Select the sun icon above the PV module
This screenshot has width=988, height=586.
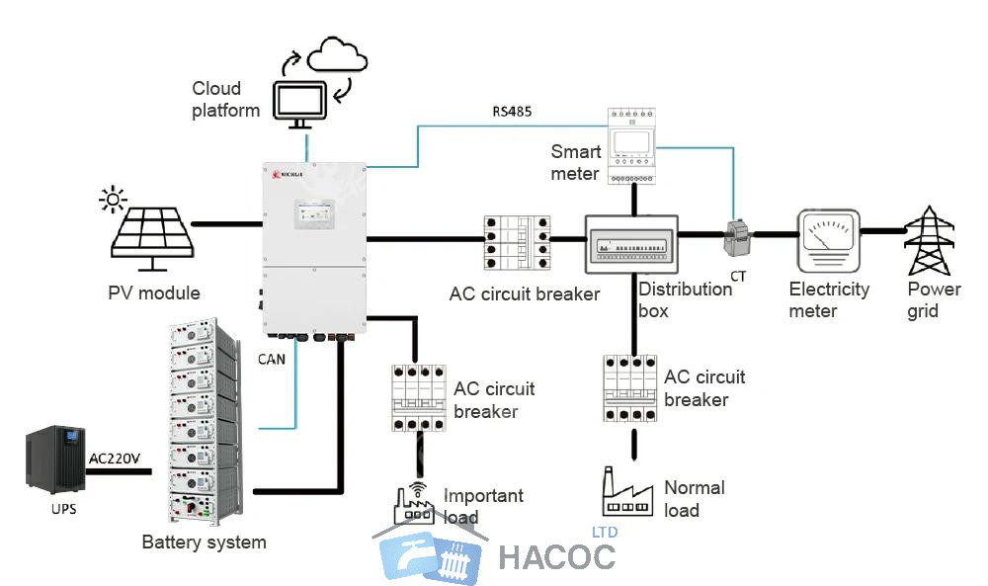pos(114,201)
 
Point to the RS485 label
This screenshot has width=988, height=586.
pos(512,112)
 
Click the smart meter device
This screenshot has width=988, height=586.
pos(633,145)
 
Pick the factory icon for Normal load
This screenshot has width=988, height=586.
pos(626,493)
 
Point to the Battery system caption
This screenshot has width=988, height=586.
pos(204,542)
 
